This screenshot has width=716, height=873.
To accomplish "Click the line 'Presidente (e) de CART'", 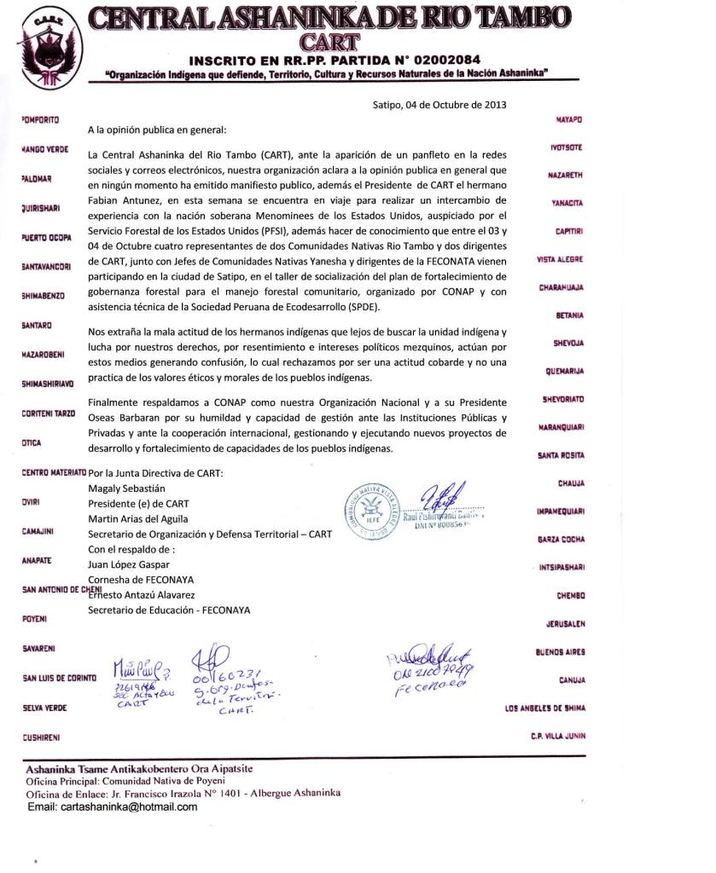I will [x=138, y=504].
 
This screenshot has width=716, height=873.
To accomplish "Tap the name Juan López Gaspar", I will [x=130, y=564].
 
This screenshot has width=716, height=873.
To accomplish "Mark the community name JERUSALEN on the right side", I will [x=564, y=624].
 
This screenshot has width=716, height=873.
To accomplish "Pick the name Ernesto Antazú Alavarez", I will [x=142, y=594].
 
